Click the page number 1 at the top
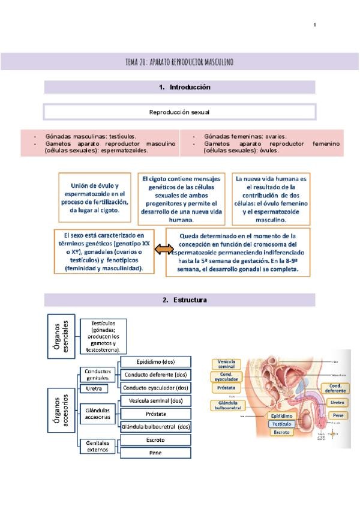(x=315, y=25)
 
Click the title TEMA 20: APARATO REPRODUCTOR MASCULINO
(x=179, y=62)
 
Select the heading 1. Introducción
(x=179, y=87)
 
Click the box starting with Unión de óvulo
(x=94, y=197)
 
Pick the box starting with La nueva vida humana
(x=271, y=199)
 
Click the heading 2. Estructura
(x=179, y=300)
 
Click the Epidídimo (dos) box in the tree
(x=156, y=361)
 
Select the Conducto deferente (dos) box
(x=156, y=375)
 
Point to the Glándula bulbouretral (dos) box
(x=156, y=427)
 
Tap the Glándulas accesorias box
(x=97, y=414)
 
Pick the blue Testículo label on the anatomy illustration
(x=281, y=423)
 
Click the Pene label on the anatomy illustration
(x=338, y=415)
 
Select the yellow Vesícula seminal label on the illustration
(x=226, y=364)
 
